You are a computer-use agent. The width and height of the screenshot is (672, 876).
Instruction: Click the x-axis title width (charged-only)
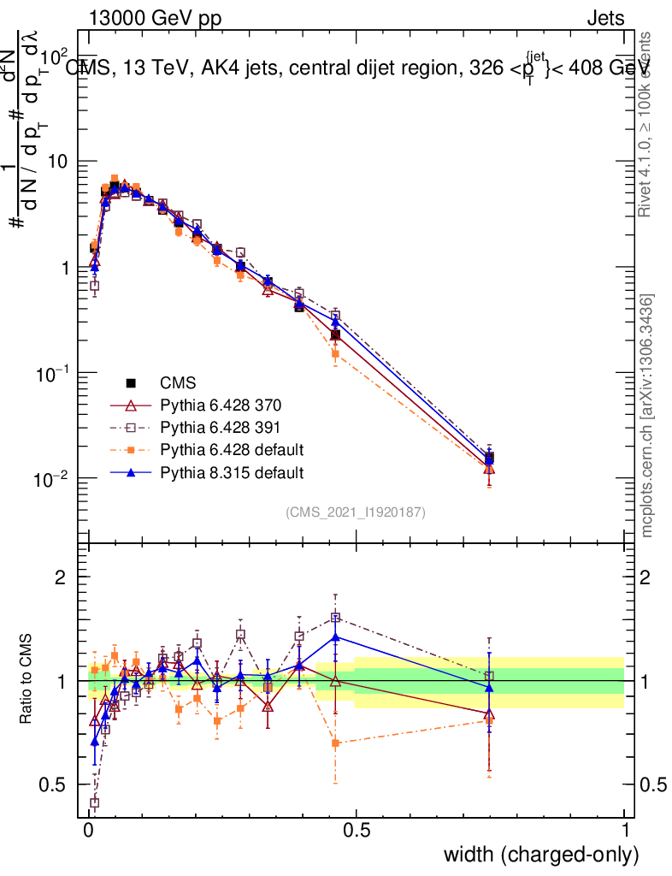(541, 855)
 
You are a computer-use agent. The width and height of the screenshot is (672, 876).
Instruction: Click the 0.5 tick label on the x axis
(357, 831)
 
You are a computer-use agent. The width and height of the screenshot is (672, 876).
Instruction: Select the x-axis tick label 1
(624, 831)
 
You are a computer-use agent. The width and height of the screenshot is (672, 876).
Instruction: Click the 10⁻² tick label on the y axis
(53, 479)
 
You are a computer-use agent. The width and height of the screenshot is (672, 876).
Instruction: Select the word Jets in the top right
(604, 17)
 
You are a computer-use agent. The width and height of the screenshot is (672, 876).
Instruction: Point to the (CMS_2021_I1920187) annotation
(356, 512)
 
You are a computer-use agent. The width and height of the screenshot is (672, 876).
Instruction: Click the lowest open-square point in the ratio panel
(94, 802)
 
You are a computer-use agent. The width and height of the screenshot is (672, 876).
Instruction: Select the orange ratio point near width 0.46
(336, 743)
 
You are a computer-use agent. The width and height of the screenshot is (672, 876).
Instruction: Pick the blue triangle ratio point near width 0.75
(489, 687)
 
